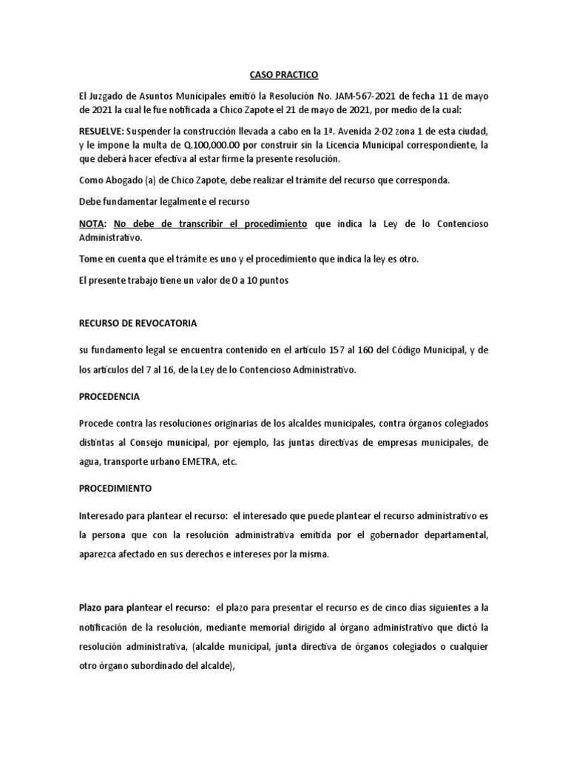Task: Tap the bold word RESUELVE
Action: [102, 131]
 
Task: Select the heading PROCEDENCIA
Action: [109, 396]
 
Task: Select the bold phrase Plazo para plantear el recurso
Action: [145, 607]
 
